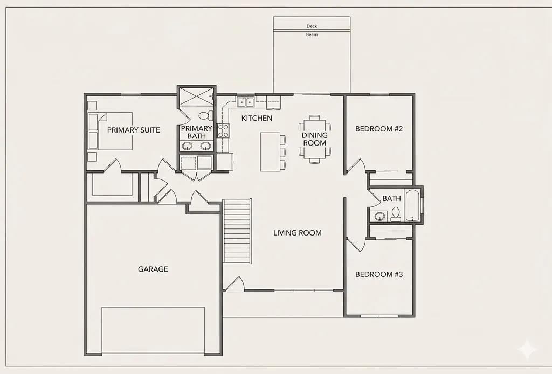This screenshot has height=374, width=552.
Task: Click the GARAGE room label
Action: coord(153,269)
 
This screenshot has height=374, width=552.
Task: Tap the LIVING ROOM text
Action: coord(298,233)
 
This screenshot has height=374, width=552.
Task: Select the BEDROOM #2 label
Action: coord(379,129)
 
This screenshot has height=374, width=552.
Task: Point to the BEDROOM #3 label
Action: coord(379,274)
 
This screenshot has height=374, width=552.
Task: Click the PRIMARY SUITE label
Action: coord(134,130)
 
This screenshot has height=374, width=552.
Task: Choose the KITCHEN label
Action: coord(257,118)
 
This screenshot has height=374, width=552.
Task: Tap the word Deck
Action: coord(312,26)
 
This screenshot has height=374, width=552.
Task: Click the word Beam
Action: coord(312,34)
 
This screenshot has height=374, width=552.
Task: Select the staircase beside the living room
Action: coord(237,231)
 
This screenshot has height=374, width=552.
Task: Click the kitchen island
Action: coord(270,151)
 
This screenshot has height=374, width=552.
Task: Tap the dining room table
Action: coord(315,139)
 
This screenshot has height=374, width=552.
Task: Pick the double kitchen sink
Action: coord(246,102)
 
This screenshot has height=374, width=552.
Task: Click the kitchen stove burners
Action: coord(223,131)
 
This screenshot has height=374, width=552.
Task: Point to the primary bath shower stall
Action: coord(196,95)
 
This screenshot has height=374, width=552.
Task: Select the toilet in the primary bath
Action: coord(206,115)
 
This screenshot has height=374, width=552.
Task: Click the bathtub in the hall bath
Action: coord(412,205)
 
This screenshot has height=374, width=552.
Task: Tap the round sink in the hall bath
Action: coord(379,217)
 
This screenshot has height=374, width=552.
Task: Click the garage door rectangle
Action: coord(153,330)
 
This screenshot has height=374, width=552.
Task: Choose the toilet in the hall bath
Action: coord(396,214)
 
